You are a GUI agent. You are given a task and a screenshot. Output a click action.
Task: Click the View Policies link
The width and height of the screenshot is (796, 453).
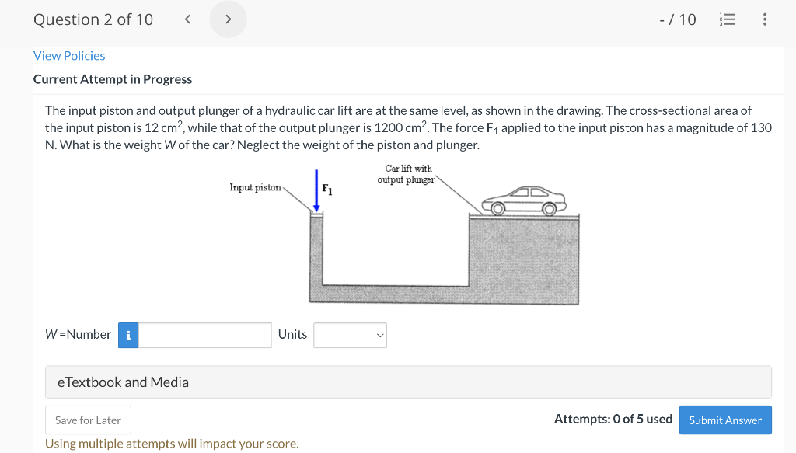pos(69,56)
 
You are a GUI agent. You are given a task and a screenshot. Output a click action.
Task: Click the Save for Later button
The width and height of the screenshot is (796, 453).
pos(88,420)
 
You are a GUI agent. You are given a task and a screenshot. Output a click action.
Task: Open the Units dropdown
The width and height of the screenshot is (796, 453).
pos(350,335)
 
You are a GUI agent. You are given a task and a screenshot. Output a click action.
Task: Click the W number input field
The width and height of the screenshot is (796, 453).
pos(205,335)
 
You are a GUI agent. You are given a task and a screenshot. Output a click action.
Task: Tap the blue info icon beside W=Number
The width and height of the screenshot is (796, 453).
pos(128,335)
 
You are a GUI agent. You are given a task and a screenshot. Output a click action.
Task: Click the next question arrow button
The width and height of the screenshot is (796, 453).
pos(228,19)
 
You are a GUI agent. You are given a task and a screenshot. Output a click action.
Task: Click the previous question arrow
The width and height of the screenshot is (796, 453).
pos(187,19)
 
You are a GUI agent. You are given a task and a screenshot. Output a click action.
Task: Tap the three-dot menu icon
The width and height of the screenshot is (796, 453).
pos(765,19)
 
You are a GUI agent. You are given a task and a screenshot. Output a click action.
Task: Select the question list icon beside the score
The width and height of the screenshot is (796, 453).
pos(728,19)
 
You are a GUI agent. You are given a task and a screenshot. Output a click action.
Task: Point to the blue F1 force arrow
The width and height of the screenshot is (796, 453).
pos(316,190)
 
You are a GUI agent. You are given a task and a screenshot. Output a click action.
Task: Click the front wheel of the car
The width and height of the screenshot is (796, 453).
pos(499,208)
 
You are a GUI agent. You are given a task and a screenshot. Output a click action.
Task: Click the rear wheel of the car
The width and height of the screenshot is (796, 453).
pos(550,208)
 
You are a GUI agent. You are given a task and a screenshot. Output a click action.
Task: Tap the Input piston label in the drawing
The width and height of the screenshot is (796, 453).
pos(255,188)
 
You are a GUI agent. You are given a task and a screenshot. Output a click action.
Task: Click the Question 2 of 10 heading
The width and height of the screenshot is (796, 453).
pos(93,19)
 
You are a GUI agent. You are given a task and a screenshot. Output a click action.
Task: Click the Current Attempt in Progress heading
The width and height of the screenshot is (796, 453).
pos(113,79)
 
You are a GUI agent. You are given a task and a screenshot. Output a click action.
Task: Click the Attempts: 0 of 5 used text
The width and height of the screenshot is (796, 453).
pos(613,420)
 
